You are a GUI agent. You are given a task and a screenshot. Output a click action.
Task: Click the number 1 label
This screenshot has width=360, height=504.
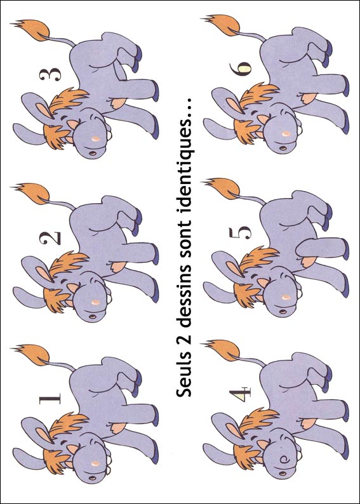[x=50, y=399]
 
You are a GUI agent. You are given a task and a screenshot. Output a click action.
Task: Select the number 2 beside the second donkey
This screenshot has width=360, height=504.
[x=50, y=238]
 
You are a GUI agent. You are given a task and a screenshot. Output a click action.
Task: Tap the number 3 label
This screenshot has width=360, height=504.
[x=50, y=74]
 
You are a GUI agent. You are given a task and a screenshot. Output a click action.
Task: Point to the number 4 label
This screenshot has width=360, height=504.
[x=240, y=394]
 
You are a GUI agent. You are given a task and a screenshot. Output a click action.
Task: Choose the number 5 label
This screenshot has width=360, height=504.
[x=240, y=233]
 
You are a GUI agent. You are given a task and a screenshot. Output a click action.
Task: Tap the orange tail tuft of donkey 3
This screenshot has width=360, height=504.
[x=32, y=30]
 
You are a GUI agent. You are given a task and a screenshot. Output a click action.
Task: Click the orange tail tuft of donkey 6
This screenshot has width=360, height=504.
[x=223, y=25]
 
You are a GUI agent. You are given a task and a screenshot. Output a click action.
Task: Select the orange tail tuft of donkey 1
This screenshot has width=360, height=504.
[x=32, y=355]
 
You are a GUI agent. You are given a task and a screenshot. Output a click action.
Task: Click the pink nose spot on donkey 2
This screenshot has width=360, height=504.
[x=95, y=302]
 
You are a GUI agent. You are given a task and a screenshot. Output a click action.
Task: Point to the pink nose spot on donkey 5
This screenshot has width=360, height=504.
[x=286, y=297]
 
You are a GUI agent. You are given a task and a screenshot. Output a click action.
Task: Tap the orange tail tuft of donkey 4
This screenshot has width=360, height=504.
[x=223, y=350]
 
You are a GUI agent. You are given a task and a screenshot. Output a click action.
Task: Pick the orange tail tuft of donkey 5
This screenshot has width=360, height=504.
[x=223, y=189]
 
